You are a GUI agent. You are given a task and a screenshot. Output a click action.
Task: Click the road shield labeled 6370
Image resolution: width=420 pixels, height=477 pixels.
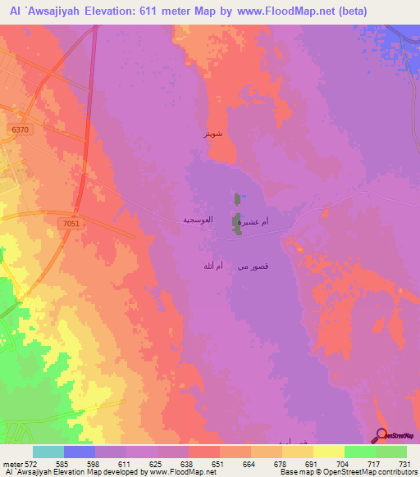click(x=21, y=129)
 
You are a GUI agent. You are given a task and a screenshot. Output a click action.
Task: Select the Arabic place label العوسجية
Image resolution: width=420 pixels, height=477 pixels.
click(x=199, y=220)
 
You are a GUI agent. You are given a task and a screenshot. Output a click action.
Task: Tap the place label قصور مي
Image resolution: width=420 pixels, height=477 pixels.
click(x=251, y=266)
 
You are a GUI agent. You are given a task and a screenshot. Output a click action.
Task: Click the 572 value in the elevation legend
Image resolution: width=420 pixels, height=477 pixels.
click(x=34, y=465)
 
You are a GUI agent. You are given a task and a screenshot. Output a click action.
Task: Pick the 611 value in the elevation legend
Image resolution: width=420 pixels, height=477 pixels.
click(x=120, y=465)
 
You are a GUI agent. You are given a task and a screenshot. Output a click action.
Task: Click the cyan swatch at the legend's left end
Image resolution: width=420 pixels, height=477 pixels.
click(x=48, y=452)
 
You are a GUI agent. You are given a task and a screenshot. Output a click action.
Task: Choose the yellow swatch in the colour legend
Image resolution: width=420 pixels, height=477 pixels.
click(x=329, y=452)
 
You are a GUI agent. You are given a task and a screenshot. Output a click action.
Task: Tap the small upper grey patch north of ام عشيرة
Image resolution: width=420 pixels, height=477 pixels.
click(x=238, y=198)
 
